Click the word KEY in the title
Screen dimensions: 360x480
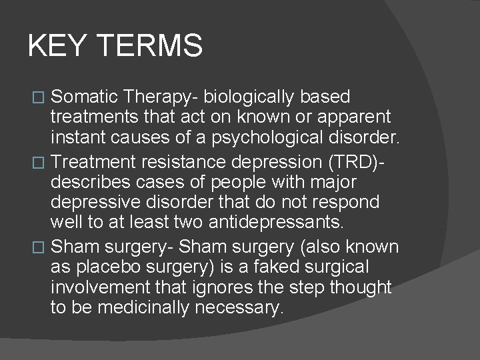tap(57, 46)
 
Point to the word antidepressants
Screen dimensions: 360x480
tap(292, 223)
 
